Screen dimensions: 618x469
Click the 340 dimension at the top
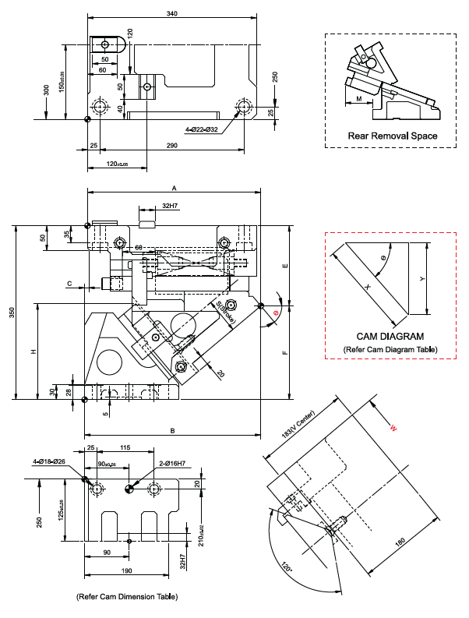coord(171,13)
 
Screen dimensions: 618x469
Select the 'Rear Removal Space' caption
coord(392,136)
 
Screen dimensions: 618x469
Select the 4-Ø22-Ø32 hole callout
coord(202,129)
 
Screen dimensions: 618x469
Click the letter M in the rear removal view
coord(358,100)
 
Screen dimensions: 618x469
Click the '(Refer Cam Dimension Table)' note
coord(126,596)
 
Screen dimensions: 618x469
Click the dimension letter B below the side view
coord(172,430)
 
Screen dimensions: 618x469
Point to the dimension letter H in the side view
coord(34,352)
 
